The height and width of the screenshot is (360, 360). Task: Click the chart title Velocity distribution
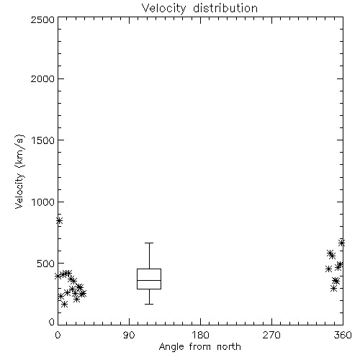(x=199, y=9)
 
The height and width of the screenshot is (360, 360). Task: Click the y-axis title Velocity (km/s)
(x=19, y=171)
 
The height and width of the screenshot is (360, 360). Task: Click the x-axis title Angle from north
(x=200, y=347)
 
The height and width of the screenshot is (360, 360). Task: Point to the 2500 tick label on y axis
(x=42, y=19)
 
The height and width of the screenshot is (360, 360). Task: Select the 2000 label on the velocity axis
(x=42, y=78)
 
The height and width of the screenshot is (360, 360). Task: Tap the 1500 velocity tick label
(x=43, y=140)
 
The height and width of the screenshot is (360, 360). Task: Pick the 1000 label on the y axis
(x=43, y=202)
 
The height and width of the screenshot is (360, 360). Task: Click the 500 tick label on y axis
(x=46, y=264)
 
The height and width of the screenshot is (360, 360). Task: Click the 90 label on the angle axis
(x=129, y=335)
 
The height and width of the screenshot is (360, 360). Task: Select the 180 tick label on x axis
(x=200, y=335)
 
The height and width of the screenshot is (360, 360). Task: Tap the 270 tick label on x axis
(x=271, y=335)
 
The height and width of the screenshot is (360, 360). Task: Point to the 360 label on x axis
(x=343, y=335)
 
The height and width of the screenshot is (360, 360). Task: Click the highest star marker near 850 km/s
(x=60, y=220)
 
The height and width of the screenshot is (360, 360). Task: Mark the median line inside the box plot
(x=149, y=280)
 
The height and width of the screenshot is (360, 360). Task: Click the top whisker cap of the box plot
(x=149, y=243)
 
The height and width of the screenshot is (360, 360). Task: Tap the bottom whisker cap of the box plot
(x=149, y=304)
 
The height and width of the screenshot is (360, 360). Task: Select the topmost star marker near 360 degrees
(x=341, y=243)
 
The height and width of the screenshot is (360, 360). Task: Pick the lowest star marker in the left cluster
(x=64, y=305)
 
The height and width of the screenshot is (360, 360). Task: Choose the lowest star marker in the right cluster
(x=333, y=288)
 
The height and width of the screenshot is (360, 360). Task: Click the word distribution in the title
(x=225, y=9)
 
